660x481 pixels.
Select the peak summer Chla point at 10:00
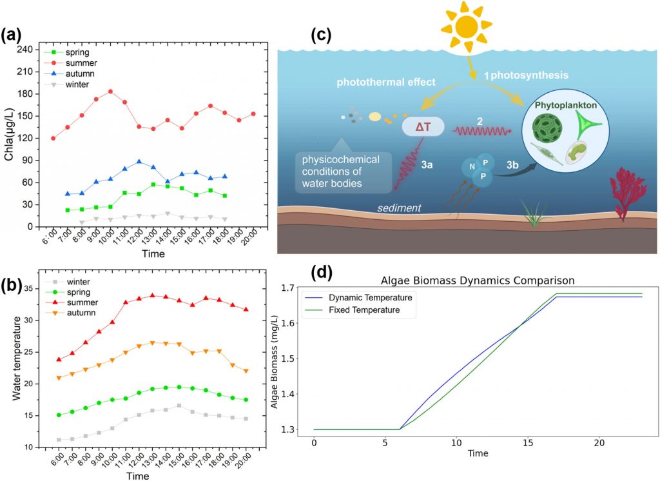(x=110, y=92)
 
